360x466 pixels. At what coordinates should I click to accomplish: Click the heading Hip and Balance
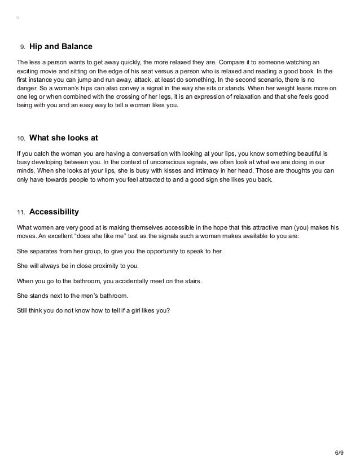(60, 46)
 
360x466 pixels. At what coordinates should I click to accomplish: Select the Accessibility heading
(54, 212)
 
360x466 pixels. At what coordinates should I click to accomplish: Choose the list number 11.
(21, 213)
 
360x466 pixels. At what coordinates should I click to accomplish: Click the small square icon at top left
(18, 17)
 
